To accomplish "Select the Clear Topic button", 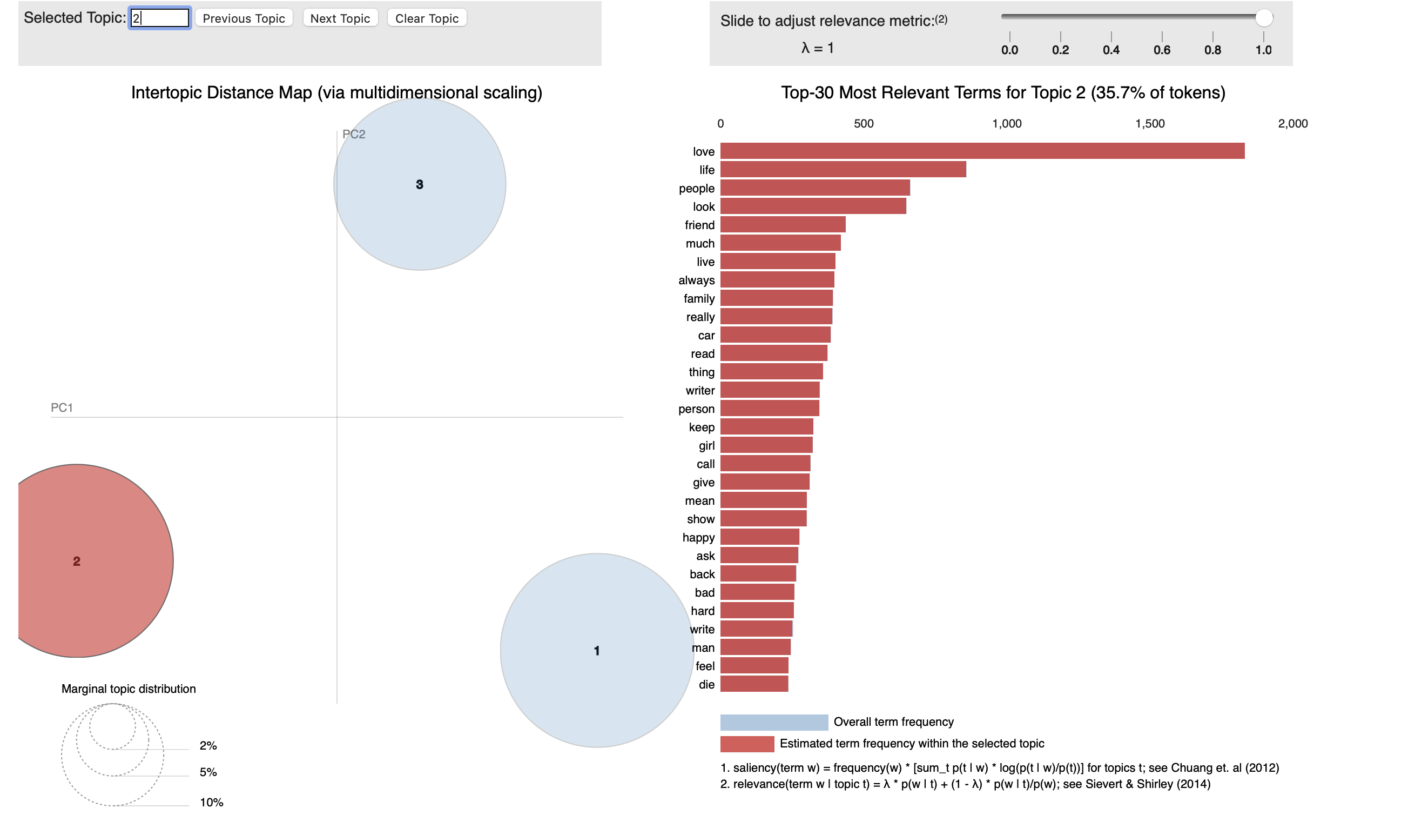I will tap(426, 18).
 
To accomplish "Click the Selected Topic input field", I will tap(160, 18).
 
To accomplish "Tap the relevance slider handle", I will tap(1263, 18).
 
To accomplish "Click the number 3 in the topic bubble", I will tap(420, 184).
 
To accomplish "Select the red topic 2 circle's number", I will tap(77, 561).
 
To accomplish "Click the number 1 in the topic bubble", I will tap(596, 651).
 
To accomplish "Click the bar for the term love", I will tap(981, 151).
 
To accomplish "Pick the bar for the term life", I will tap(843, 170).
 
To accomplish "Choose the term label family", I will tap(698, 298).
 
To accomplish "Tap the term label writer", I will tap(700, 390).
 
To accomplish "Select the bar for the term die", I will tap(753, 684).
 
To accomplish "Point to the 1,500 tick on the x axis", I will tap(1149, 124).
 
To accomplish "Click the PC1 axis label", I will tap(62, 407).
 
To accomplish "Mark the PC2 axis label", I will tap(353, 135).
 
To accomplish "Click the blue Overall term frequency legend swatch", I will tap(773, 722).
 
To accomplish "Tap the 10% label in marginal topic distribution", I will tap(211, 802).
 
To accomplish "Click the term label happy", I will tap(698, 537).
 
